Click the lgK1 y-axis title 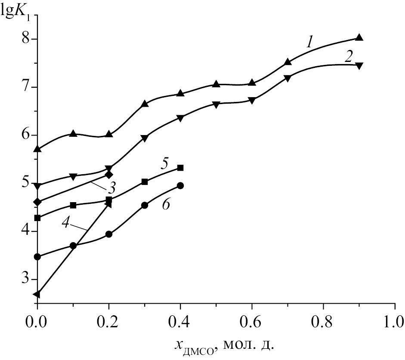pos(15,9)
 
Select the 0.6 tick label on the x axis pos(252,321)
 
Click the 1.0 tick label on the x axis pos(395,321)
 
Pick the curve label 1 pos(309,41)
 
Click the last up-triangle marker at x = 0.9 pos(359,37)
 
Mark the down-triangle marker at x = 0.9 pos(359,65)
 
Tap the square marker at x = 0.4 pos(180,168)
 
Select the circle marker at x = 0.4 pos(180,186)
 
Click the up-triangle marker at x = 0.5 pos(216,84)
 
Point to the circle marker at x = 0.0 pos(37,257)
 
